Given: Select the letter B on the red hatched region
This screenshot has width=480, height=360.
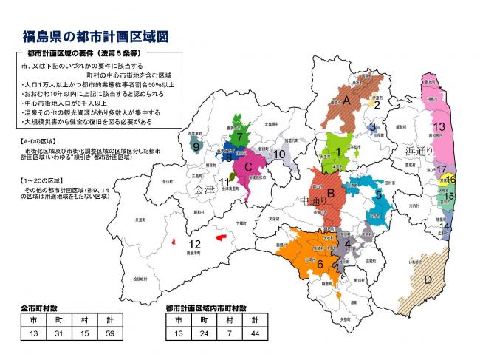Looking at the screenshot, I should point(332,194).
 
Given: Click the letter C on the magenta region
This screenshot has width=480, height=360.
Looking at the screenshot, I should point(248,166).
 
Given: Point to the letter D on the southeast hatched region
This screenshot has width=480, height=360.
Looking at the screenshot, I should point(428,280).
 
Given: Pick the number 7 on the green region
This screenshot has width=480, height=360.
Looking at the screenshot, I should point(240,137).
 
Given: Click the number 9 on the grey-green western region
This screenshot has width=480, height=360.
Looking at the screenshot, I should point(196,146).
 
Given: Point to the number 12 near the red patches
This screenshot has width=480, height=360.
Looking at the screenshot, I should point(195,245).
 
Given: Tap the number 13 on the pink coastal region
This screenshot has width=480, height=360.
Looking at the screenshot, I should point(439,126).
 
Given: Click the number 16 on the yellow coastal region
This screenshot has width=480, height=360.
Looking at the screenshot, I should point(451,179).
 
